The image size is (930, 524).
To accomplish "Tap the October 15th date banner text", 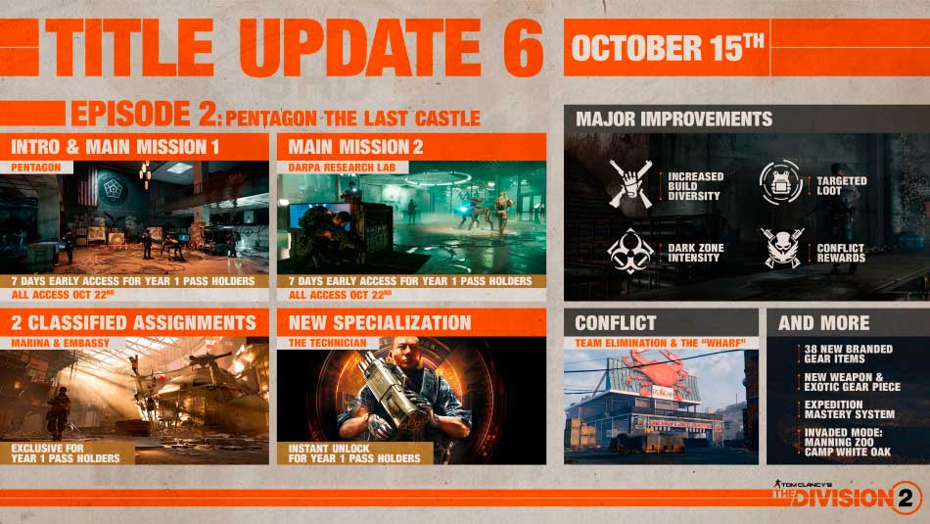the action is [x=668, y=48].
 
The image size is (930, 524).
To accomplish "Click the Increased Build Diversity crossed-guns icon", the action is [x=630, y=184].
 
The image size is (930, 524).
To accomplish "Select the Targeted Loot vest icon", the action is [x=781, y=183].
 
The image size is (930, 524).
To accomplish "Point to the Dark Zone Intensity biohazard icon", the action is [x=630, y=251].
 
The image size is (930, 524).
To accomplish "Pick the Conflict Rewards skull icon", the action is [x=782, y=249].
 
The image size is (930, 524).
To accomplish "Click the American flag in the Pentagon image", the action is [x=88, y=185].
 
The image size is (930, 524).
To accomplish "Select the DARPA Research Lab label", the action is [x=342, y=167].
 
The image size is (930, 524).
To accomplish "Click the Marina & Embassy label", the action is [x=61, y=343].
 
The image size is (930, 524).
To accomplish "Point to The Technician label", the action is [x=327, y=343].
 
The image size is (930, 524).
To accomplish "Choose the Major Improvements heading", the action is [x=674, y=119].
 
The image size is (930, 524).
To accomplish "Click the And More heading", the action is [x=824, y=323].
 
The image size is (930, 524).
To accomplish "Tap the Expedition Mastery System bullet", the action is [x=850, y=409].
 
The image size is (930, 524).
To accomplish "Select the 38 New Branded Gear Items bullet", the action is [x=848, y=354].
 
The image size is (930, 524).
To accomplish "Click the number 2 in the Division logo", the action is [x=906, y=498].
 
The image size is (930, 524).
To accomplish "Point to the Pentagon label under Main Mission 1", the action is [x=35, y=167].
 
